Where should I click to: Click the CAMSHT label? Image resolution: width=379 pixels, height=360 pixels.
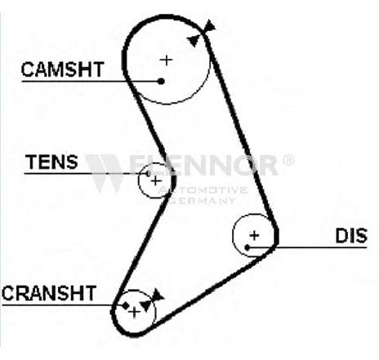62,69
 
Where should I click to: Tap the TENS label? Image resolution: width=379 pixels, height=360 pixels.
51,162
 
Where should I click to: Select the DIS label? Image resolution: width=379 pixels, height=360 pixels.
351,236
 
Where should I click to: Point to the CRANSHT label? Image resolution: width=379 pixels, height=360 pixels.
49,293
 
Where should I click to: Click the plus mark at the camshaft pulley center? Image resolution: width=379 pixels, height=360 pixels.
166,60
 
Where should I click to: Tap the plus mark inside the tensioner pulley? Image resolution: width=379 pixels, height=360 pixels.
156,180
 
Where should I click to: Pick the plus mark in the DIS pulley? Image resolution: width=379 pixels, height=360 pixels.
254,235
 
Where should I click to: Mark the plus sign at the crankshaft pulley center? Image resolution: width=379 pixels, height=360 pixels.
134,313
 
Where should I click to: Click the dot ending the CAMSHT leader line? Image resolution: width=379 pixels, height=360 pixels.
161,81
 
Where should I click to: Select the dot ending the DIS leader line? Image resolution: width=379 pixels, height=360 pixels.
247,247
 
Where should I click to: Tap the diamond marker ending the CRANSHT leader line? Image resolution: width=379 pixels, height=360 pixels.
125,305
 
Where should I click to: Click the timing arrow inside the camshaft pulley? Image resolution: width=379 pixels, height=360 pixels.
194,41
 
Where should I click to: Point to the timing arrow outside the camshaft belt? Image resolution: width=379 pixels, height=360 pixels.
210,25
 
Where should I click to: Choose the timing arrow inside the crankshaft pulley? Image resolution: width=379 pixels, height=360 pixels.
146,305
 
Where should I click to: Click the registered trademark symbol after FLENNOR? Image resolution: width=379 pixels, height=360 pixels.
288,160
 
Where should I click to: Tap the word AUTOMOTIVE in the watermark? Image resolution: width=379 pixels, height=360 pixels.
203,190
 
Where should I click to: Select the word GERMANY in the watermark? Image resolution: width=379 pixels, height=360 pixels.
202,201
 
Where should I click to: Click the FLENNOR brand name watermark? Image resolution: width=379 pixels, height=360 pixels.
203,165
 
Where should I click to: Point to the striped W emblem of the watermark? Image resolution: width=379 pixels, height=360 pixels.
104,173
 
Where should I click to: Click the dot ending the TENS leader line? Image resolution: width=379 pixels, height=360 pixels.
148,173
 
